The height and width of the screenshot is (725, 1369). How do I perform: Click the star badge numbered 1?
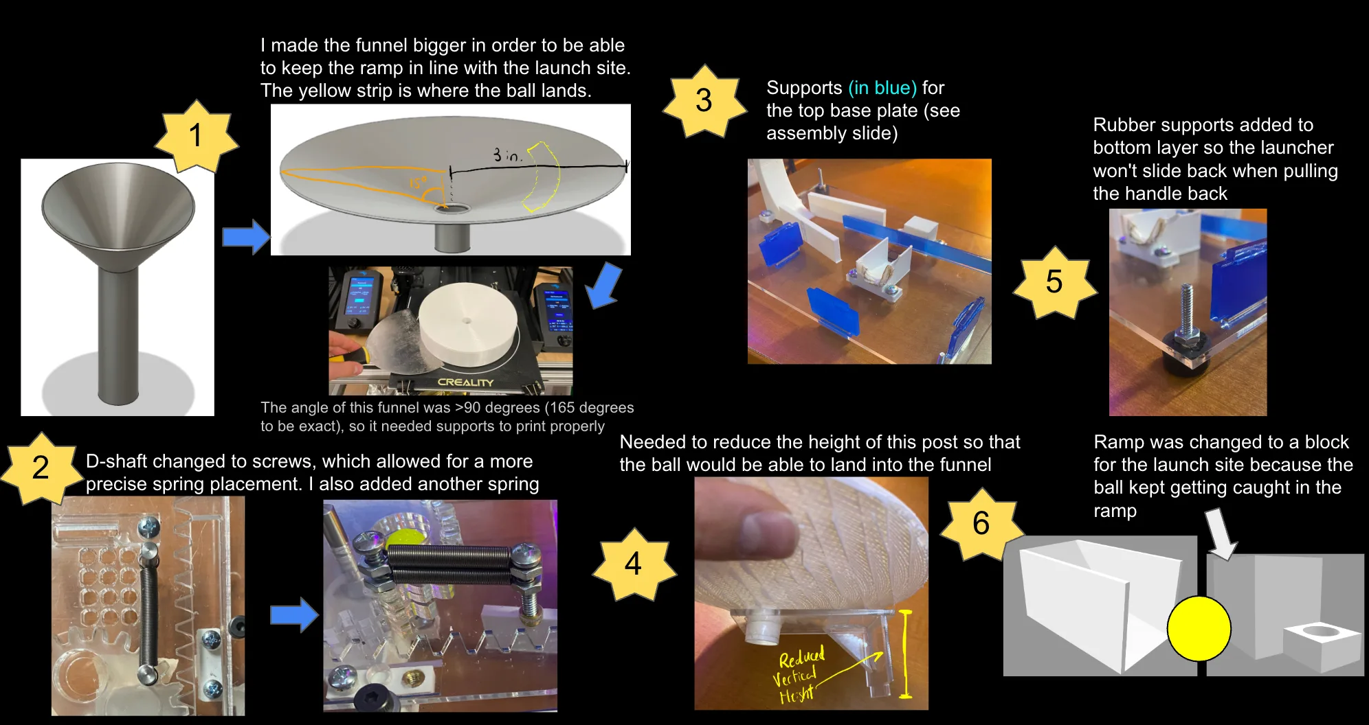pos(196,136)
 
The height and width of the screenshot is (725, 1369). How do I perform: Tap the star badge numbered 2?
pos(41,468)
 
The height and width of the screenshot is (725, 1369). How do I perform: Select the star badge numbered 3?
pos(704,101)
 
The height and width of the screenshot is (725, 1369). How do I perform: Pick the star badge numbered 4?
pos(634,564)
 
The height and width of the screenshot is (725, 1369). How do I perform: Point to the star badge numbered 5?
pos(1054,282)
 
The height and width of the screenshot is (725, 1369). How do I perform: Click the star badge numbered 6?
pos(981,524)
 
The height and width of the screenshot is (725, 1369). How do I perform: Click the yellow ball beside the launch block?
pos(1199,628)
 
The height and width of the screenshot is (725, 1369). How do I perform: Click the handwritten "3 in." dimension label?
pos(507,155)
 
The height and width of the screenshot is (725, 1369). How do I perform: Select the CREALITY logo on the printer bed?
pos(465,382)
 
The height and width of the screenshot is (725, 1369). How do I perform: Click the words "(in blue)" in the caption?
pos(882,88)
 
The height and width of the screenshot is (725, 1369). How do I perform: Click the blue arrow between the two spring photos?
pos(294,614)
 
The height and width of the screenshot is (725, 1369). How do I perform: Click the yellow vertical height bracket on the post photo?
pos(905,654)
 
